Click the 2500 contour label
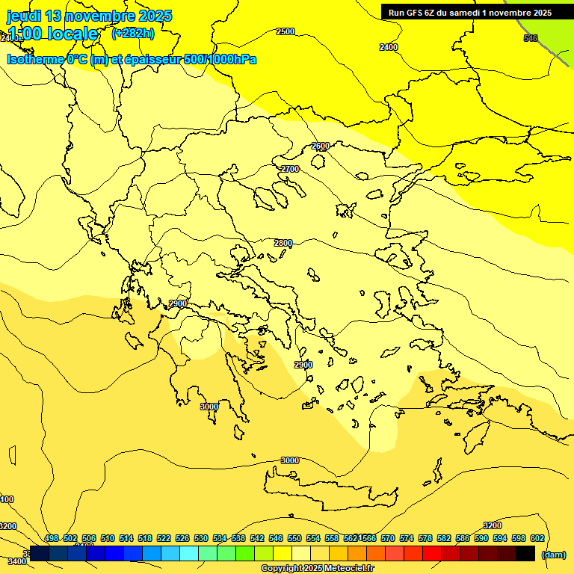pos(286,31)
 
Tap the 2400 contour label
pos(389,47)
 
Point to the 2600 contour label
pos(321,146)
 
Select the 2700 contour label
pos(290,170)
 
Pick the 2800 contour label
pos(283,244)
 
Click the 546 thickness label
pos(531,38)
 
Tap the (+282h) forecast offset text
pos(133,34)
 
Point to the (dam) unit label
pos(553,554)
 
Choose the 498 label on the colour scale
pos(52,538)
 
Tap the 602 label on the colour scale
pos(537,538)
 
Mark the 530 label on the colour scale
pos(201,538)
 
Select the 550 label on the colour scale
pos(294,538)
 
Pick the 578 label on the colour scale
pos(425,538)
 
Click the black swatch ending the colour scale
pos(525,553)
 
